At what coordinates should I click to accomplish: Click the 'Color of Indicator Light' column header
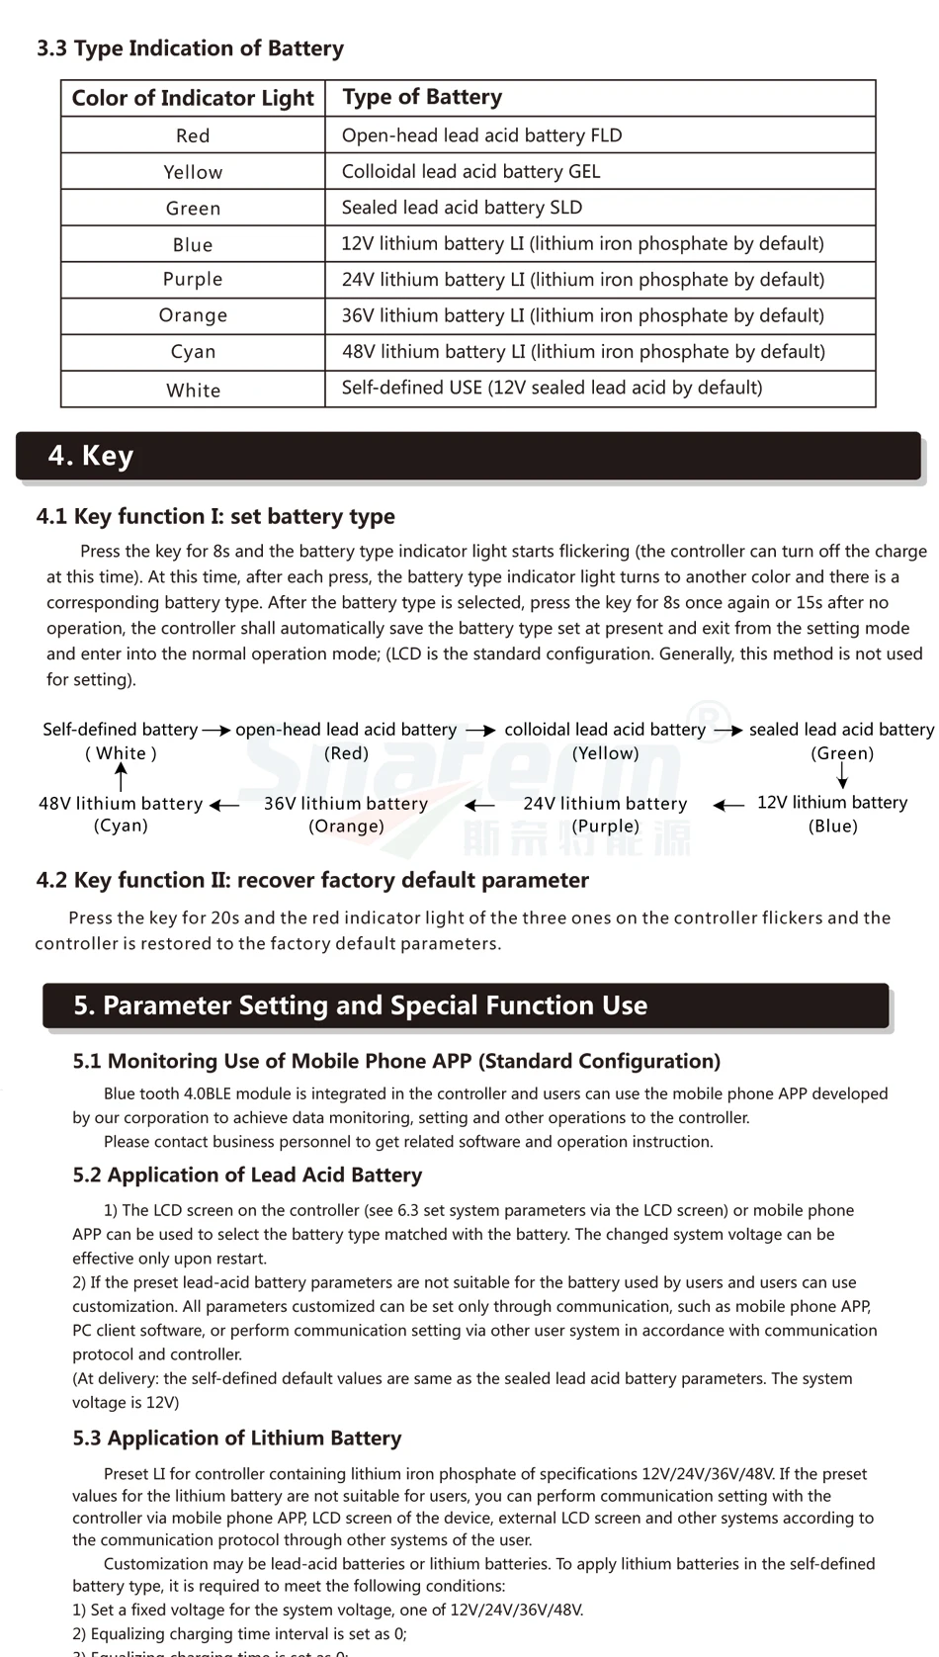coord(193,98)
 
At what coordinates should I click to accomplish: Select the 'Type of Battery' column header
coord(422,97)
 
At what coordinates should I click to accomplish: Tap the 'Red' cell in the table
coord(193,135)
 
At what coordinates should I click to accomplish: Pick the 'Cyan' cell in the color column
coord(193,352)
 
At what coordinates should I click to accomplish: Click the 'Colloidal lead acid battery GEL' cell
coord(470,171)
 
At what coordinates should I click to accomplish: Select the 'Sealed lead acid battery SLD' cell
coord(462,208)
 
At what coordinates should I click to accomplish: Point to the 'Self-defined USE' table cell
coord(552,388)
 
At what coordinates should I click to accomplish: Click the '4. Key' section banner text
coord(91,456)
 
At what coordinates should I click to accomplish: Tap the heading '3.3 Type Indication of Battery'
coord(190,48)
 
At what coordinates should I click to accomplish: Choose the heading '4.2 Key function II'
coord(312,880)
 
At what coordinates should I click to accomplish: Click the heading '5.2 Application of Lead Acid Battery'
coord(247,1175)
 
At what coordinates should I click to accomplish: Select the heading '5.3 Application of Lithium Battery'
coord(237,1438)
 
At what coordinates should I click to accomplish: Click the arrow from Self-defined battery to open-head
coord(216,731)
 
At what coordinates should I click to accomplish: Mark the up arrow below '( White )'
coord(121,777)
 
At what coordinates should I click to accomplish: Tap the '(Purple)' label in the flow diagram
coord(606,827)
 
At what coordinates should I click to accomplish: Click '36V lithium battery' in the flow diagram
coord(346,804)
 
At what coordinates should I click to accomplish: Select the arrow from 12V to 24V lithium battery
coord(728,806)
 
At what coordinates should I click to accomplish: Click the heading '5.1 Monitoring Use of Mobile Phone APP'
coord(396,1061)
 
